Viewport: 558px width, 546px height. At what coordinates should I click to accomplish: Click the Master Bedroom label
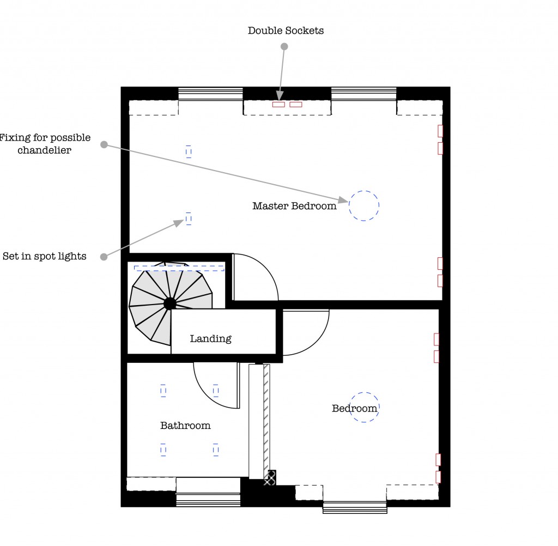[294, 206]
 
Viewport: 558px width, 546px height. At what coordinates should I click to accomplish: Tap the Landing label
[210, 338]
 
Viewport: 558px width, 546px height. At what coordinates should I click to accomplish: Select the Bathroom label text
[185, 426]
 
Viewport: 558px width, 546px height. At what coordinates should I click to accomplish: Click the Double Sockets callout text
[286, 31]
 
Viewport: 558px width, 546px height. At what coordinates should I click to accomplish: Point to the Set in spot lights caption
[45, 256]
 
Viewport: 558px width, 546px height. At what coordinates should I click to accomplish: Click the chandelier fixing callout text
[45, 144]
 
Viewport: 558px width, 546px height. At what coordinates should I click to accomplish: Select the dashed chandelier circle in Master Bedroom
[364, 205]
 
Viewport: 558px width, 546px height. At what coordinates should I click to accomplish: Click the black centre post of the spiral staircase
[170, 303]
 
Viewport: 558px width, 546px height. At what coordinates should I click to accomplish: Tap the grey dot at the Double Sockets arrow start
[284, 47]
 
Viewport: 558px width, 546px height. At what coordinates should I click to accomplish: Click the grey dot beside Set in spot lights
[104, 257]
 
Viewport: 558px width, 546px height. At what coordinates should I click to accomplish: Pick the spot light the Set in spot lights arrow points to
[189, 219]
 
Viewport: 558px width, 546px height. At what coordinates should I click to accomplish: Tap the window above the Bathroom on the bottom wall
[208, 492]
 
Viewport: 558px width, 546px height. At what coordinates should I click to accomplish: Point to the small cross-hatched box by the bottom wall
[270, 478]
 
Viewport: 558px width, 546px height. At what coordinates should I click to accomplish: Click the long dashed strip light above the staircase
[179, 268]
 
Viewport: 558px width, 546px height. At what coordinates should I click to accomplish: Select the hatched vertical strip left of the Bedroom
[266, 420]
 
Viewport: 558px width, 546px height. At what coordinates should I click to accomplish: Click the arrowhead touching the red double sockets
[280, 96]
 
